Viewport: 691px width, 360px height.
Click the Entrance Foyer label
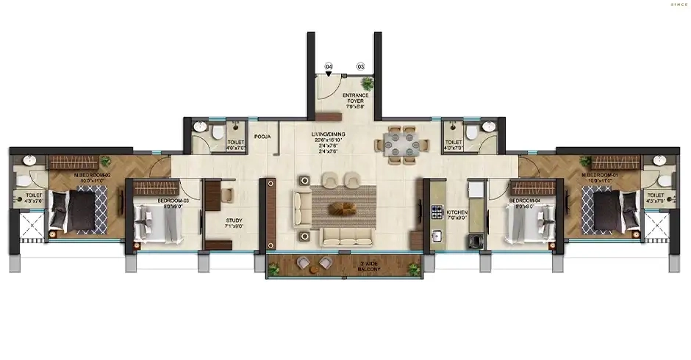point(355,101)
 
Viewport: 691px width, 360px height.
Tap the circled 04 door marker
point(329,67)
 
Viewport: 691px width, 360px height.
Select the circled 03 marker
point(360,67)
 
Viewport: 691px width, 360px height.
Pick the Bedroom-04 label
point(526,201)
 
